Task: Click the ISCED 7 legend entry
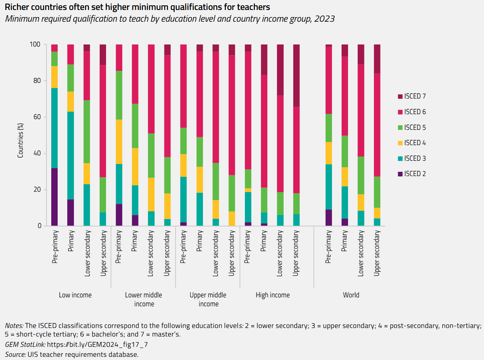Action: pos(412,96)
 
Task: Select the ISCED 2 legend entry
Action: pos(412,174)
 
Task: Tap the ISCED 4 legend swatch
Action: pos(400,143)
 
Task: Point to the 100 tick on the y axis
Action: pos(35,44)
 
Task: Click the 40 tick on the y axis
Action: pos(37,153)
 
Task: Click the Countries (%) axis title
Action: pos(21,141)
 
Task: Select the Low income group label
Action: pos(75,295)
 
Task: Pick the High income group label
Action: pos(273,295)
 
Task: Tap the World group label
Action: pos(351,295)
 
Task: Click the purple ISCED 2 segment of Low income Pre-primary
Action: pos(54,197)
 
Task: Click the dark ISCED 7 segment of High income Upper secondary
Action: pos(296,75)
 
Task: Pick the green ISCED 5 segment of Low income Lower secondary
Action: pos(87,132)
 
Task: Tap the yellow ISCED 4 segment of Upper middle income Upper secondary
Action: pos(232,218)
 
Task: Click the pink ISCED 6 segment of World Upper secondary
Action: pos(377,125)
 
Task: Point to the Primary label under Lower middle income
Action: pos(135,241)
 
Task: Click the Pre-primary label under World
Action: pos(328,247)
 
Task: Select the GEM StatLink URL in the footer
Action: pos(97,345)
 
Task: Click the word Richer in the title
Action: pos(16,7)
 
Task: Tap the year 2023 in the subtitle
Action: pos(324,19)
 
